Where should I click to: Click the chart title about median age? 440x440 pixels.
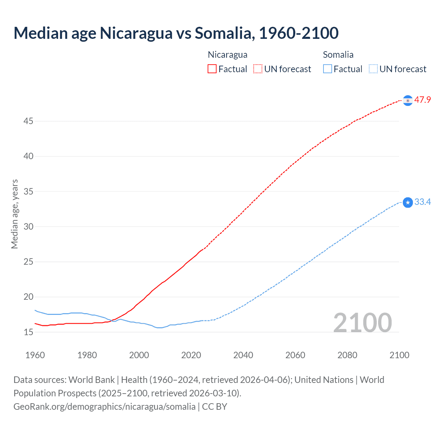pos(176,33)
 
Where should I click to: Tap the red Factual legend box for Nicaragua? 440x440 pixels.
pos(212,69)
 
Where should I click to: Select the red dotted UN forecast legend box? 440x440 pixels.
pos(258,69)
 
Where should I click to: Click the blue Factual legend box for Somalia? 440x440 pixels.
pos(328,69)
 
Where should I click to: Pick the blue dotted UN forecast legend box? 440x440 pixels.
pos(373,69)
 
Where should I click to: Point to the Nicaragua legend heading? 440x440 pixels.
pos(228,55)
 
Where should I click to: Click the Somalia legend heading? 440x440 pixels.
pos(338,55)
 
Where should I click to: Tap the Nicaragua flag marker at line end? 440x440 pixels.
pos(408,100)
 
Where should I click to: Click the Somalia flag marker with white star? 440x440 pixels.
pos(408,202)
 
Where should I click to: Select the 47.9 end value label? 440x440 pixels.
pos(422,100)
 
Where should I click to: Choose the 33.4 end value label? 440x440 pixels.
pos(422,202)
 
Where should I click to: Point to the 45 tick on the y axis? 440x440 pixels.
pos(29,121)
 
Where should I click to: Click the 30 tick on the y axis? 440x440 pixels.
pos(29,227)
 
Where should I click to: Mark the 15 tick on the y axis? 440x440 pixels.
pos(29,332)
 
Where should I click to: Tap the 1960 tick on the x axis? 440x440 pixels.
pos(35,355)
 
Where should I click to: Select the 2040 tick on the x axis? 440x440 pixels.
pos(243,355)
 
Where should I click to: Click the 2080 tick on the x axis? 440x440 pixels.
pos(347,355)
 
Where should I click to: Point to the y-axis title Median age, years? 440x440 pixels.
pos(14,214)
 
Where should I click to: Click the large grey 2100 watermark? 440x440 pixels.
pos(362,323)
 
